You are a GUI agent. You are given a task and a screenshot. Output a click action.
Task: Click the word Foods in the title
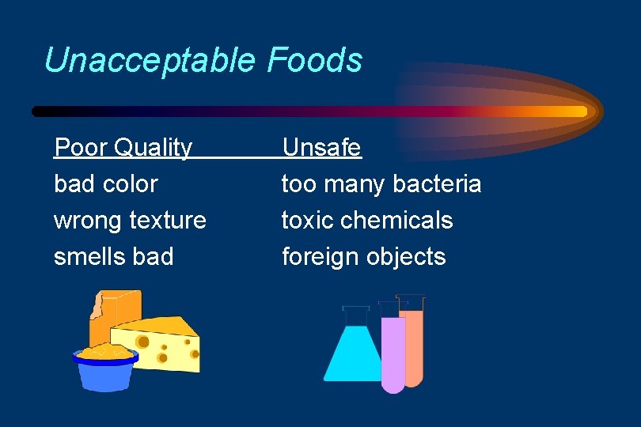click(315, 61)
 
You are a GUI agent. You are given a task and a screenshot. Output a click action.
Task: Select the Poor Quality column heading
click(123, 148)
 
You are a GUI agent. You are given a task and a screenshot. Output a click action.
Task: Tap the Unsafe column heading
click(321, 148)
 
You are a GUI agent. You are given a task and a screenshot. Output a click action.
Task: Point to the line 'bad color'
click(105, 184)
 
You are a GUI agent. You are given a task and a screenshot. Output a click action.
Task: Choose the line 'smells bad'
click(113, 257)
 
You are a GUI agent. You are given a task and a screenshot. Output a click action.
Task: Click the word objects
click(408, 257)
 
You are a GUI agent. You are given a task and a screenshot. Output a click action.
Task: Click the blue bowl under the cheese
click(105, 372)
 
